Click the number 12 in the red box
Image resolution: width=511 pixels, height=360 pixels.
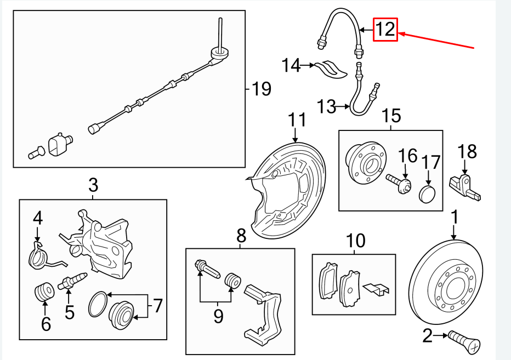[x=385, y=29]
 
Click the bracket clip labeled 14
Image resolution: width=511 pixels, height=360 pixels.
[x=331, y=67]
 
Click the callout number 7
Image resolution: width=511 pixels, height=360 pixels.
[x=158, y=306]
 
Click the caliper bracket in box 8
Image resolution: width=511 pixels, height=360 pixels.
[x=266, y=315]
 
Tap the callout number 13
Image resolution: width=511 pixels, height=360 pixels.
[x=326, y=106]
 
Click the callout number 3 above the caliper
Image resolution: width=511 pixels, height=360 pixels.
[x=93, y=185]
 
